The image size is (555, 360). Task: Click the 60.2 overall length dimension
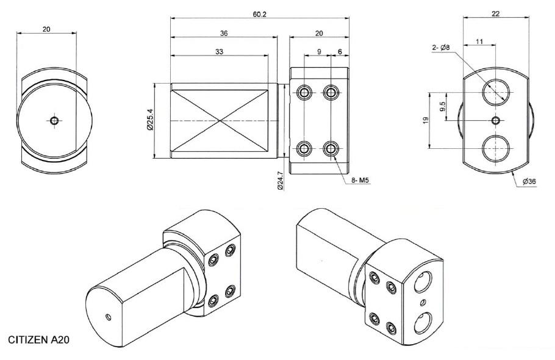[x=259, y=15]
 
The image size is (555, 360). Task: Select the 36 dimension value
[x=224, y=34]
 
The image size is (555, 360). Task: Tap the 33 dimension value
[x=220, y=52]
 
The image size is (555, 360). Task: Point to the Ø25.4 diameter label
[x=150, y=120]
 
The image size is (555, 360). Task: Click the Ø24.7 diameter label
[x=281, y=181]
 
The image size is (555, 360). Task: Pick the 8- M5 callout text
[x=360, y=181]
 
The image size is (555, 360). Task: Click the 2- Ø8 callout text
[x=441, y=48]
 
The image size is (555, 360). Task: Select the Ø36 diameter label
[x=529, y=182]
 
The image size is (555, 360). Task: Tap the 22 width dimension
[x=495, y=14]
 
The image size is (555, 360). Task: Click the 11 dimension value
[x=479, y=41]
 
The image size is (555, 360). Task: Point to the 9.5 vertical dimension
[x=442, y=106]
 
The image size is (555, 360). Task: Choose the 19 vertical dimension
[x=426, y=120]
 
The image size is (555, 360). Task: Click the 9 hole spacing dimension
[x=319, y=52]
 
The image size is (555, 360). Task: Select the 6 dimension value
[x=340, y=52]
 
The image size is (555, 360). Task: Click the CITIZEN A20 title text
[x=38, y=340]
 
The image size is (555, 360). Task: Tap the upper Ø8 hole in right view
[x=496, y=92]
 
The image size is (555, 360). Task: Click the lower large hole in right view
[x=496, y=148]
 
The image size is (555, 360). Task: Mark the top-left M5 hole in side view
[x=304, y=93]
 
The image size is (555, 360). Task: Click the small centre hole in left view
[x=54, y=121]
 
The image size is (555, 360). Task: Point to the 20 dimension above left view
[x=46, y=29]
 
